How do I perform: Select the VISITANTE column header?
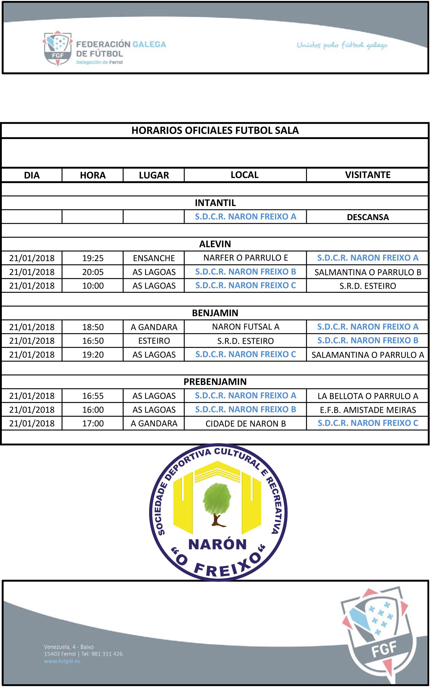click(x=367, y=175)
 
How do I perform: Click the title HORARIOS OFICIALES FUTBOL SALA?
click(x=215, y=130)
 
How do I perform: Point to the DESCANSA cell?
click(x=367, y=217)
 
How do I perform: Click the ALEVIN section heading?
click(x=215, y=244)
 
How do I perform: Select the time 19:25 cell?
click(x=93, y=258)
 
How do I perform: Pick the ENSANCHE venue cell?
click(x=154, y=258)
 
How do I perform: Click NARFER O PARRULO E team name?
click(x=245, y=258)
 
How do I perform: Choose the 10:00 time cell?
click(x=93, y=286)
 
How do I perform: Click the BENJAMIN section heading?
click(x=215, y=313)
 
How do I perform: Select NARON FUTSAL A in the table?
click(x=245, y=327)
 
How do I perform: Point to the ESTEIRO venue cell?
click(x=154, y=341)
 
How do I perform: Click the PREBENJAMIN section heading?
click(x=215, y=382)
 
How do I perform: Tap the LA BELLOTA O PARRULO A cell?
click(x=367, y=396)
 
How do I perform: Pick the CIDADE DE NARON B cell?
click(x=245, y=424)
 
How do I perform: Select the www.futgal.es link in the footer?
click(x=62, y=661)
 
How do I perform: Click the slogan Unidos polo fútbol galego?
click(x=342, y=45)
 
